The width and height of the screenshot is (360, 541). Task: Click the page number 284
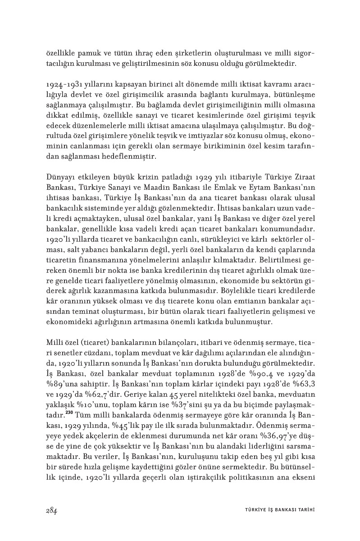coord(51,510)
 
